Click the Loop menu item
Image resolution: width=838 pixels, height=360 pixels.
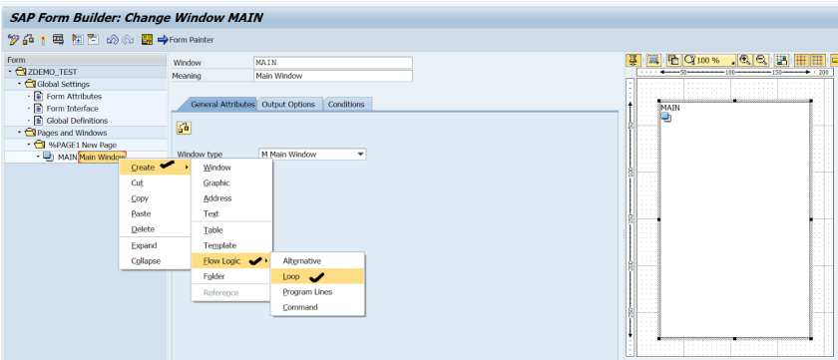pos(291,276)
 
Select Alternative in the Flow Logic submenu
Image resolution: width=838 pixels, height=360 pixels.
pos(300,260)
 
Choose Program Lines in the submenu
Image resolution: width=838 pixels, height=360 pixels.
pos(307,291)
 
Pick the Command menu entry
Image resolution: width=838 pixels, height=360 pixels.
pos(300,307)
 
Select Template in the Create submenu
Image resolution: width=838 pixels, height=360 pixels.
pos(219,245)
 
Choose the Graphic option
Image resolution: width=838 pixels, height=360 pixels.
pos(216,182)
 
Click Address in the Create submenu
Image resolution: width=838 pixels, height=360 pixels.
pos(217,198)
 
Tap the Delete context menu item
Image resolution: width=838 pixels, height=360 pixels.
pos(143,229)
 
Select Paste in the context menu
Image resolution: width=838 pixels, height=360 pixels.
pos(141,213)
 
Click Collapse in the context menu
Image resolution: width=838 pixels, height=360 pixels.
pos(146,261)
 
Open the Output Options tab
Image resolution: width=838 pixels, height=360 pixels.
pos(288,105)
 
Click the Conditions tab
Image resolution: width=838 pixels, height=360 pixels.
pos(346,105)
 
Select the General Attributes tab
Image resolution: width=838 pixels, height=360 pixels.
pos(215,105)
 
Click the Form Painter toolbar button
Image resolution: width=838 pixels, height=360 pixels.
pos(186,40)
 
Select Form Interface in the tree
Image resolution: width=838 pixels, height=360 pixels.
pos(73,109)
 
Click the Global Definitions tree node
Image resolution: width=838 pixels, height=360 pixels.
pos(78,121)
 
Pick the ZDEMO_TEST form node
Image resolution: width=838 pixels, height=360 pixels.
pos(52,72)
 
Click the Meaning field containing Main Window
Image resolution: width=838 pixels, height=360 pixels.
pos(332,75)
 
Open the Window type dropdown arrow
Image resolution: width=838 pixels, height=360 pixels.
pos(360,155)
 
